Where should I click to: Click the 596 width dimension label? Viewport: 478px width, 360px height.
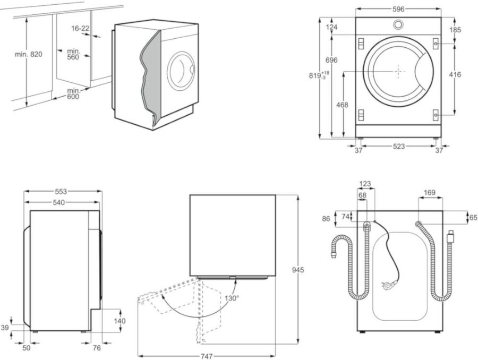coord(398,9)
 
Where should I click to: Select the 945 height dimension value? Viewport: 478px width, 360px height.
coord(298,270)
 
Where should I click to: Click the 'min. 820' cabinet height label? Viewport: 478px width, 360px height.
coord(29,54)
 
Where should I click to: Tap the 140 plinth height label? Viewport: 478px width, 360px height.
coord(120,321)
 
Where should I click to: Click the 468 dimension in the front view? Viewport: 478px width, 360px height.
coord(343,105)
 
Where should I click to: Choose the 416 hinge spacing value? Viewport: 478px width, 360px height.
coord(455,75)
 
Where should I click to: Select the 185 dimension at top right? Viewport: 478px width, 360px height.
coord(455,30)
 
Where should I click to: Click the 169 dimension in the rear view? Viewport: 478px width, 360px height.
coord(430,192)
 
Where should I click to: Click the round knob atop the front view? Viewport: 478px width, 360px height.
coord(398,24)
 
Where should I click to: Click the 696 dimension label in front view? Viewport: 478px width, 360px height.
coord(331,60)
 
